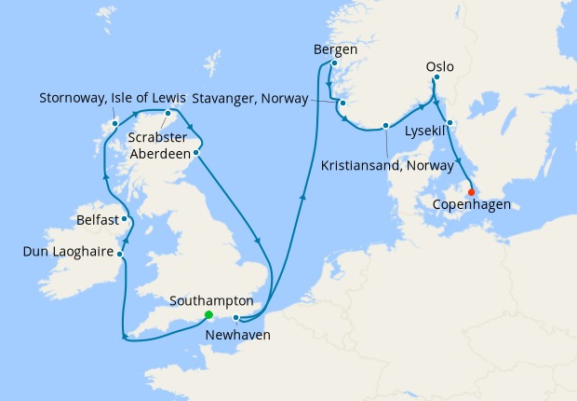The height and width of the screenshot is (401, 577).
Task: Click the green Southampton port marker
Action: pos(209,314)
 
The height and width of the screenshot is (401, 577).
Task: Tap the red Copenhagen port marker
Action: pos(472,193)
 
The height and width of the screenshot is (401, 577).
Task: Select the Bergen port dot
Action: pos(333,63)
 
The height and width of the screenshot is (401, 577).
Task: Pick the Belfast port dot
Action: pos(124,219)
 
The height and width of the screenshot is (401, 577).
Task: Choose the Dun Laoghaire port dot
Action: pos(120,253)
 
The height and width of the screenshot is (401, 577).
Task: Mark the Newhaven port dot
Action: pos(236,318)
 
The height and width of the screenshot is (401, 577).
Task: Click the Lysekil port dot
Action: pos(450,123)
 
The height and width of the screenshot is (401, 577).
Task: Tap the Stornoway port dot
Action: pos(114,123)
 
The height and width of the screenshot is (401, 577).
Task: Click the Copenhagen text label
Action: pos(472,203)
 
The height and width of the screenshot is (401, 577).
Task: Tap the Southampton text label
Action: pos(212,301)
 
